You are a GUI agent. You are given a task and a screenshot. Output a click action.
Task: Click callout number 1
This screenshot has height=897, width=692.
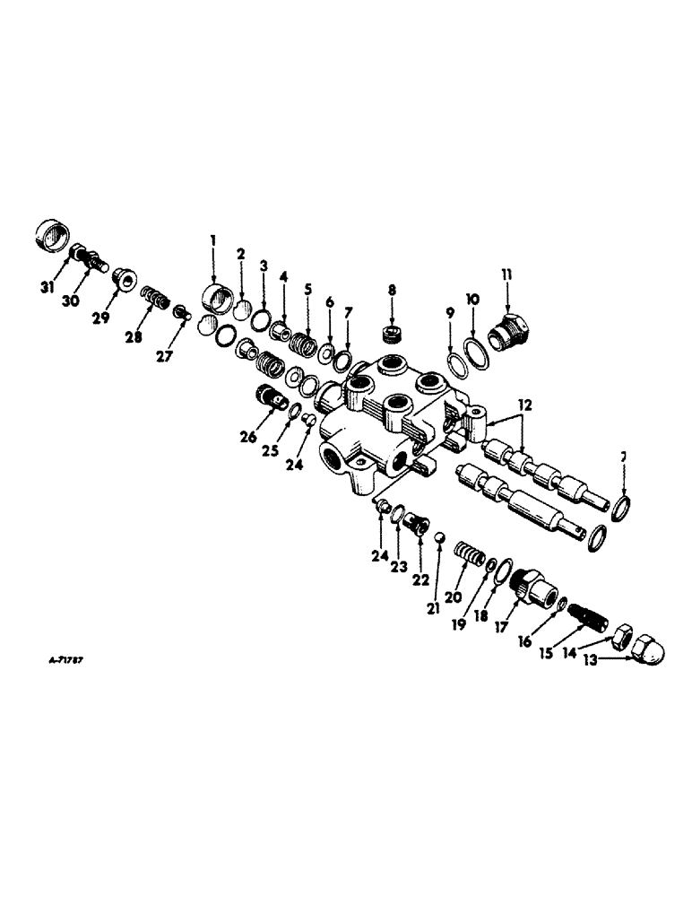(x=213, y=239)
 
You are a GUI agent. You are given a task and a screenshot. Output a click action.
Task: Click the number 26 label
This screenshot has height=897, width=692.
(x=248, y=438)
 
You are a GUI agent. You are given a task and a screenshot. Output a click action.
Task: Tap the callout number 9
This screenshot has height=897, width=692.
(x=450, y=313)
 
